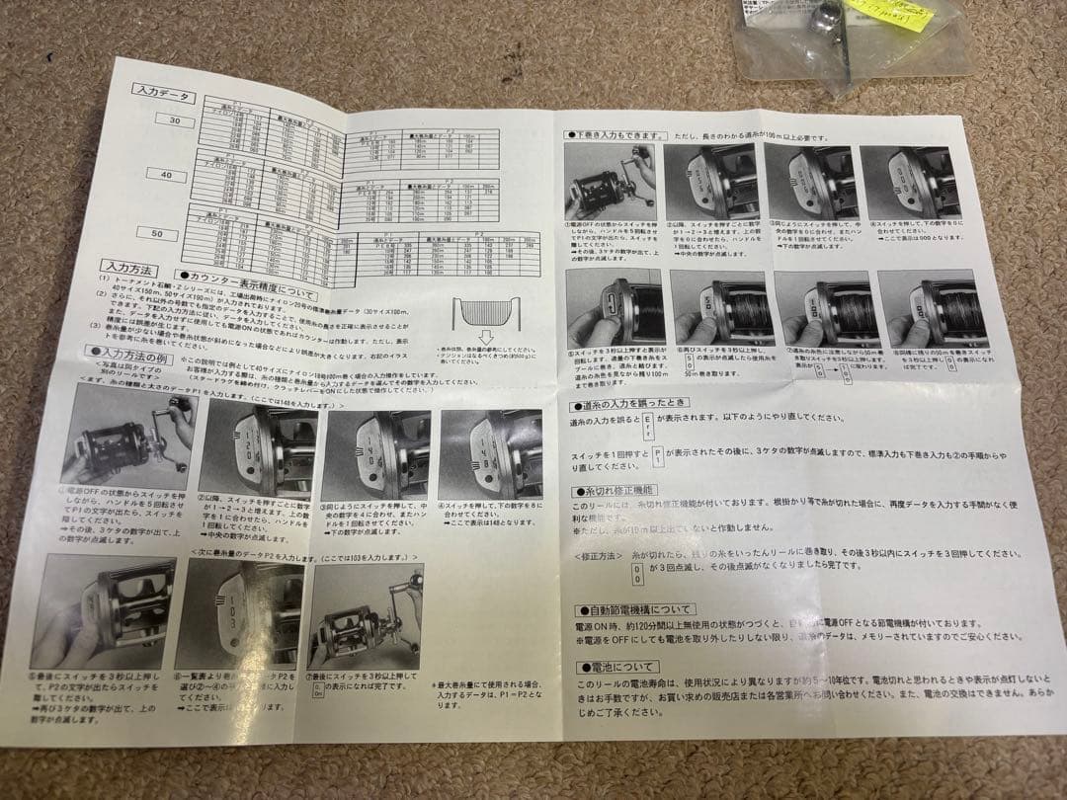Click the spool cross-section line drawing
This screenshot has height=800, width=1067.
[485, 314]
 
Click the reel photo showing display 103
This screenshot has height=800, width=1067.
[226, 613]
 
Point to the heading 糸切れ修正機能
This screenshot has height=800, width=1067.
[615, 490]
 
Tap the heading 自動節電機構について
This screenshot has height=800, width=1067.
[642, 610]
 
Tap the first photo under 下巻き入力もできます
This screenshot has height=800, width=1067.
[610, 184]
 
